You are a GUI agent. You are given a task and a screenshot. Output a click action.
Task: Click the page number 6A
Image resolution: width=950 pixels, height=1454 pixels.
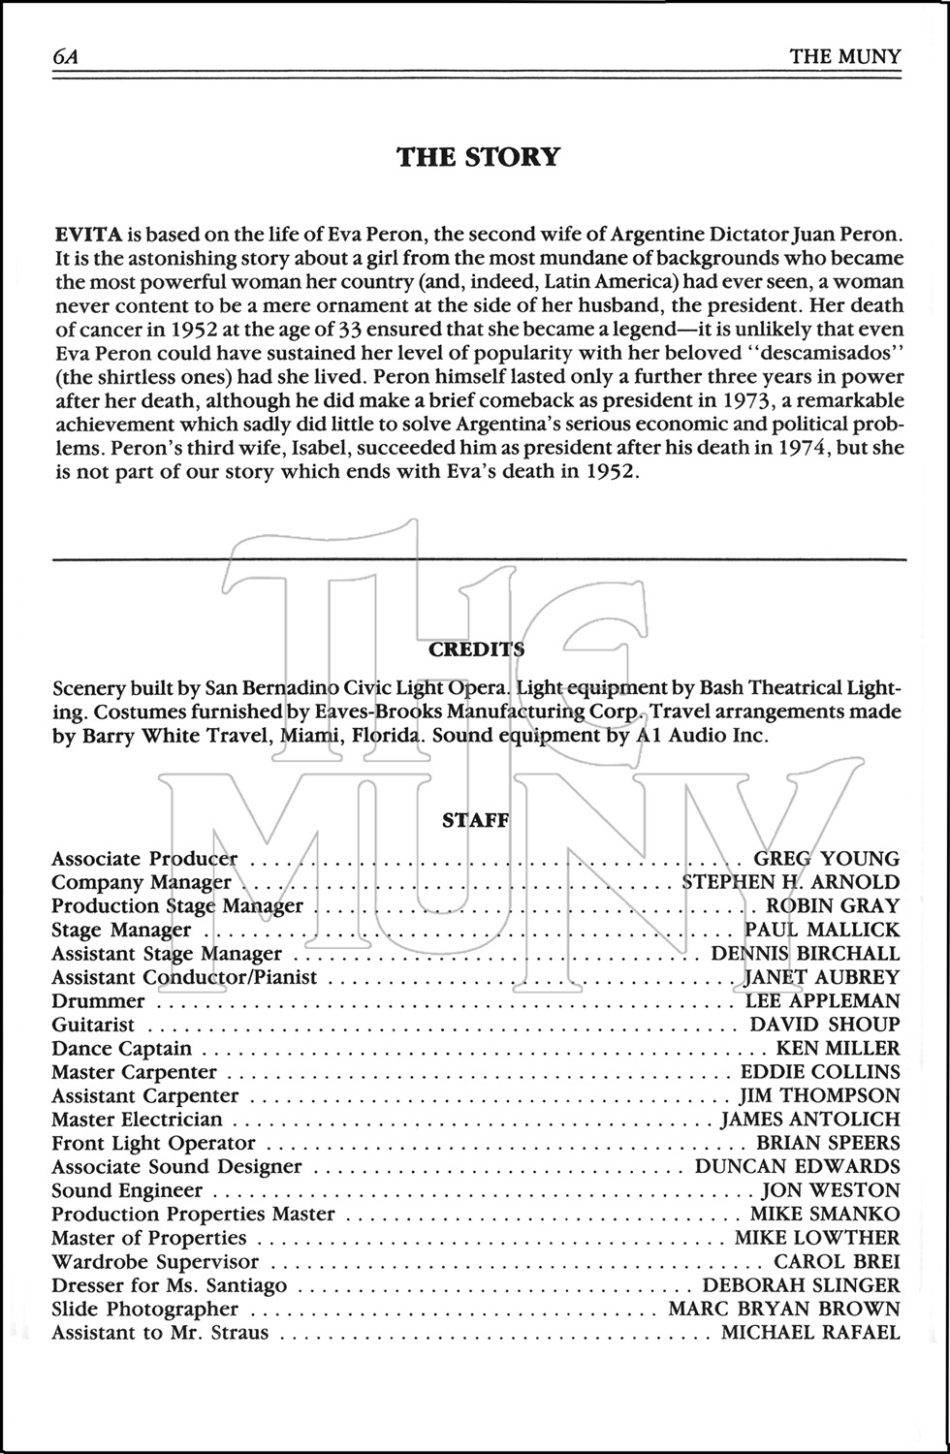coord(65,56)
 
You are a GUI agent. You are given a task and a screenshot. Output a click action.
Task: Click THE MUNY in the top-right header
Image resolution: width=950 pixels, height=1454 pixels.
coord(844,56)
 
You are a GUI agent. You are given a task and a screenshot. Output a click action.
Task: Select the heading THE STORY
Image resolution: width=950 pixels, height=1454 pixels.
coord(478,157)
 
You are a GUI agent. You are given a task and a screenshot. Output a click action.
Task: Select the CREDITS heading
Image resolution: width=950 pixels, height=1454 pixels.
coord(475,649)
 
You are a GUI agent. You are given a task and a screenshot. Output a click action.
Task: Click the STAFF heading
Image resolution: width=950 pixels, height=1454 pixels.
coord(475,820)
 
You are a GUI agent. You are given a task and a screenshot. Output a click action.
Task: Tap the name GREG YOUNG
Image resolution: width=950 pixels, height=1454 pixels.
coord(826,859)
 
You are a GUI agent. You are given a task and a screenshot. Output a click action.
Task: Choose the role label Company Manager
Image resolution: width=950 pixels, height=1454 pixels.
coord(142,882)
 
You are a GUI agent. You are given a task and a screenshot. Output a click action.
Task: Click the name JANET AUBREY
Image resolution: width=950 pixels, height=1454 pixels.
coord(822,977)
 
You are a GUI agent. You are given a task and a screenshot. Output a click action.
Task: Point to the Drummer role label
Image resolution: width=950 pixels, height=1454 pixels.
coord(98,1001)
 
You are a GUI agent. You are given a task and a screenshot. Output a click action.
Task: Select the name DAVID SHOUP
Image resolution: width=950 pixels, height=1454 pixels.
coord(824,1025)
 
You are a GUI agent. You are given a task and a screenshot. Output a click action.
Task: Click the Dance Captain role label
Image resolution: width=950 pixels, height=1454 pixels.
coord(121,1049)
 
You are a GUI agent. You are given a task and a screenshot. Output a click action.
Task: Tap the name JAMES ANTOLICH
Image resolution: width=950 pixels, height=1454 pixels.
coord(810,1120)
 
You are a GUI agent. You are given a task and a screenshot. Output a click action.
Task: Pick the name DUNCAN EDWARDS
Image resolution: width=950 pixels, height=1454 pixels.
coord(797,1167)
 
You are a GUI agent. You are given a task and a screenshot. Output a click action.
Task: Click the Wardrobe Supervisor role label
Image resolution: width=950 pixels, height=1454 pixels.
coord(155,1262)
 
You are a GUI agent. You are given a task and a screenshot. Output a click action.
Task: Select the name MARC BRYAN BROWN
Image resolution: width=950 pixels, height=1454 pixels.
coord(784,1310)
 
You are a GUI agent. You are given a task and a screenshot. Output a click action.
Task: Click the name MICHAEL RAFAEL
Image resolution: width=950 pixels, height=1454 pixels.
coord(810,1333)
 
